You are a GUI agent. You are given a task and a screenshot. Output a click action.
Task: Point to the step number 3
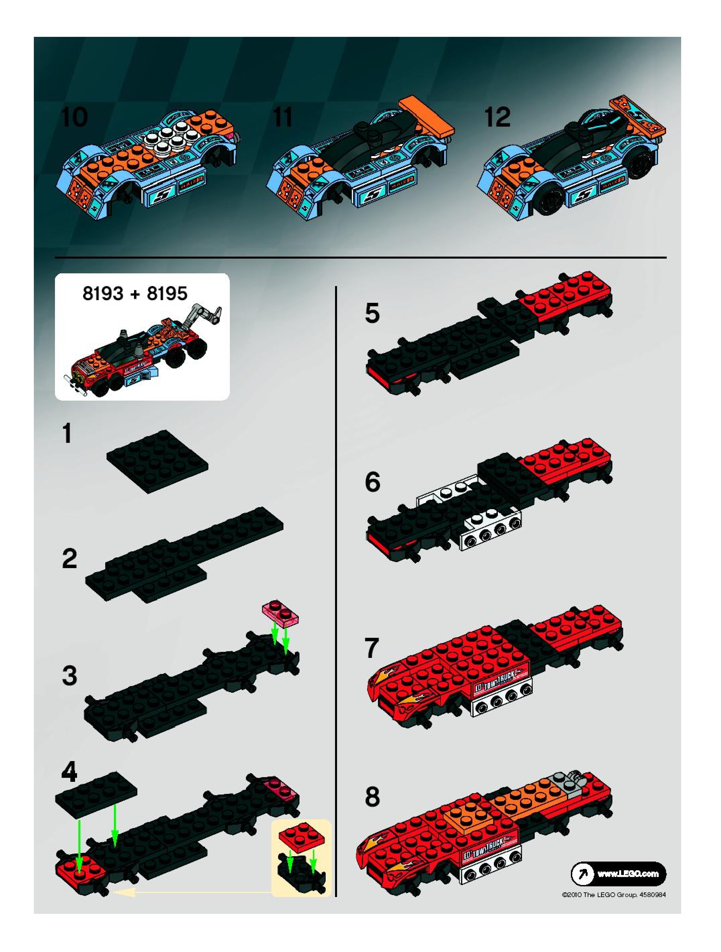pos(69,675)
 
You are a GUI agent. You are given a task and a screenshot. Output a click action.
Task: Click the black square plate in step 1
pos(157,461)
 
